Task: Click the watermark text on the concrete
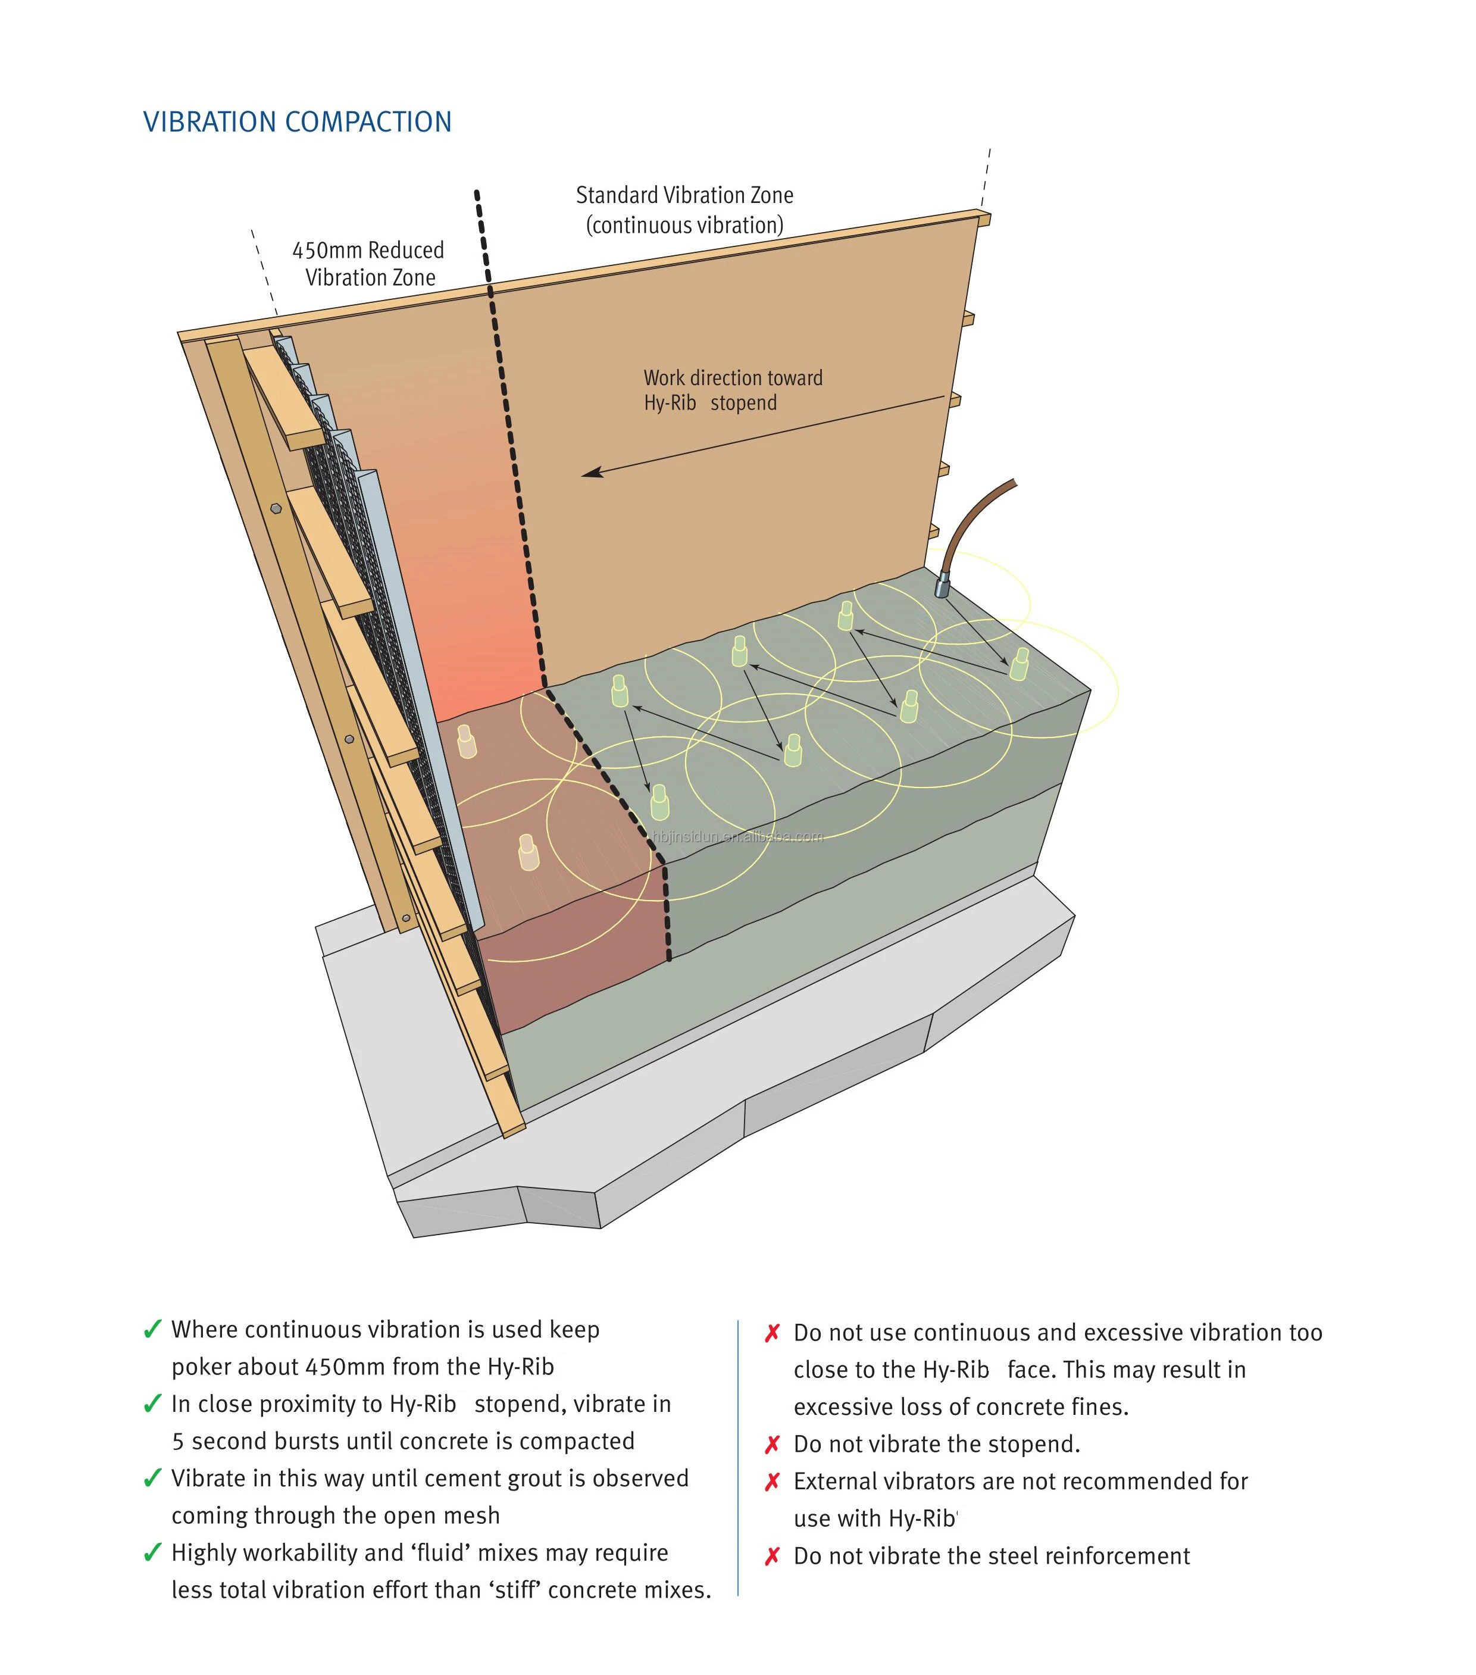point(737,836)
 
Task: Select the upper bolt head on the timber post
point(276,508)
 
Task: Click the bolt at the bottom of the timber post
point(406,917)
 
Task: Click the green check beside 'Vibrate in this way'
point(152,1479)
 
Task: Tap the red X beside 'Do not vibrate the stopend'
point(771,1445)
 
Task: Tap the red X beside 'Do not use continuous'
point(771,1333)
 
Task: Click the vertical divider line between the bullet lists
point(739,1459)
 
